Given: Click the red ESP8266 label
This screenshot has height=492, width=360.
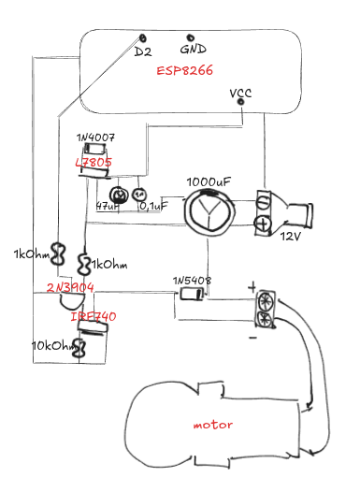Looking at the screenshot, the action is [x=185, y=70].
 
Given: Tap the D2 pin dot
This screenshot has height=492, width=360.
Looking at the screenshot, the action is [x=143, y=38].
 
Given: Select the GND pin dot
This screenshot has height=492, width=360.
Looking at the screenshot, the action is [x=190, y=38].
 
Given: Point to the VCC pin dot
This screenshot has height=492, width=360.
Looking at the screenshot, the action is [x=241, y=102].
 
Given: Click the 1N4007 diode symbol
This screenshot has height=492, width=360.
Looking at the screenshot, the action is [x=95, y=149].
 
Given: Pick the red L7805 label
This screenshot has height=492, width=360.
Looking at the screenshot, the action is [x=94, y=163].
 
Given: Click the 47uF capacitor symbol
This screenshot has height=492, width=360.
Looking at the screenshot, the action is [x=119, y=195].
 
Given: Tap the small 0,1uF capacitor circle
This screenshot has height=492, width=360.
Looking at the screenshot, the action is [x=139, y=195].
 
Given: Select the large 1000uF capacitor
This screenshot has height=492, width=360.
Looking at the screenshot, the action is [x=209, y=210].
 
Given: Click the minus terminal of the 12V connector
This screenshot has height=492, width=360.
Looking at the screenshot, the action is [x=264, y=202].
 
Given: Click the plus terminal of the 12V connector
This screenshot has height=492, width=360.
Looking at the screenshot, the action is [x=263, y=224].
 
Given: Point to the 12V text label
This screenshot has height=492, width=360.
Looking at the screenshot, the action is [x=291, y=237].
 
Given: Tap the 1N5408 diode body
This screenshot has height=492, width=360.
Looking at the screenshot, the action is [x=191, y=294].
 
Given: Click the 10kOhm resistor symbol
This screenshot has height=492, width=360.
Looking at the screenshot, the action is [x=79, y=348].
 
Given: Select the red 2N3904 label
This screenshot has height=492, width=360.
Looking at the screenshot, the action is [x=70, y=287].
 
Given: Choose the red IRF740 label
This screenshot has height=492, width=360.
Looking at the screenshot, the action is [x=94, y=316].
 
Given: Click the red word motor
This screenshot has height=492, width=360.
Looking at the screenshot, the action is [x=213, y=425].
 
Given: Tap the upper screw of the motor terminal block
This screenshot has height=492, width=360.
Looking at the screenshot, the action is [x=266, y=302].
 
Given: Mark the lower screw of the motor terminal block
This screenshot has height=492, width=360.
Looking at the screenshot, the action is [x=266, y=319].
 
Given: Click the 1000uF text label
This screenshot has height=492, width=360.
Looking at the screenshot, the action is [x=209, y=182].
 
